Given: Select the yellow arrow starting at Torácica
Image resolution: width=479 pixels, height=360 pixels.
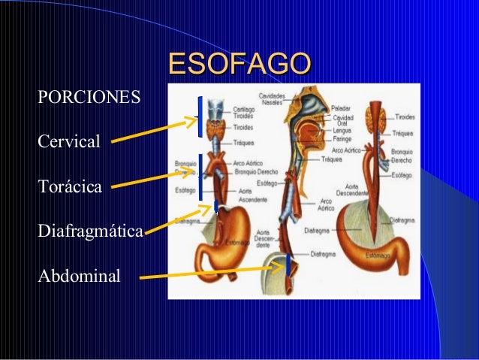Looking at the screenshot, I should tap(154, 177).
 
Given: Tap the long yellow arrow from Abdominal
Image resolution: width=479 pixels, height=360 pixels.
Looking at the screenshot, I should tap(210, 271).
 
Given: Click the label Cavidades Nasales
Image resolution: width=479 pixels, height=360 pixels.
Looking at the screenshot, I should tap(271, 99).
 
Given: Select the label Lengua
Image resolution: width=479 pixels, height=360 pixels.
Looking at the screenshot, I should tap(342, 130).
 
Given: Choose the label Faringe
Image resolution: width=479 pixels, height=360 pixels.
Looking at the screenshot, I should tap(342, 138).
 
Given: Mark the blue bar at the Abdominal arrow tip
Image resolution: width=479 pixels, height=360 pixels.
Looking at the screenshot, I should tap(288, 265).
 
